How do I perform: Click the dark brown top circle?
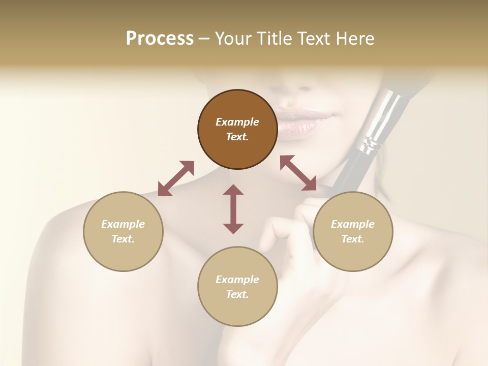[237, 130]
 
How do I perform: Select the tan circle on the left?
[123, 231]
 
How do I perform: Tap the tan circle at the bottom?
[237, 287]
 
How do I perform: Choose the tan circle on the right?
[353, 231]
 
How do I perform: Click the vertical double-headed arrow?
[233, 209]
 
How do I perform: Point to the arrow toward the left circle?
[176, 178]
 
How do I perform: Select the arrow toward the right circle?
[298, 173]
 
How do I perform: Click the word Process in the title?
[160, 38]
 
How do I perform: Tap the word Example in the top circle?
[237, 122]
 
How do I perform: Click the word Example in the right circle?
[353, 224]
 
